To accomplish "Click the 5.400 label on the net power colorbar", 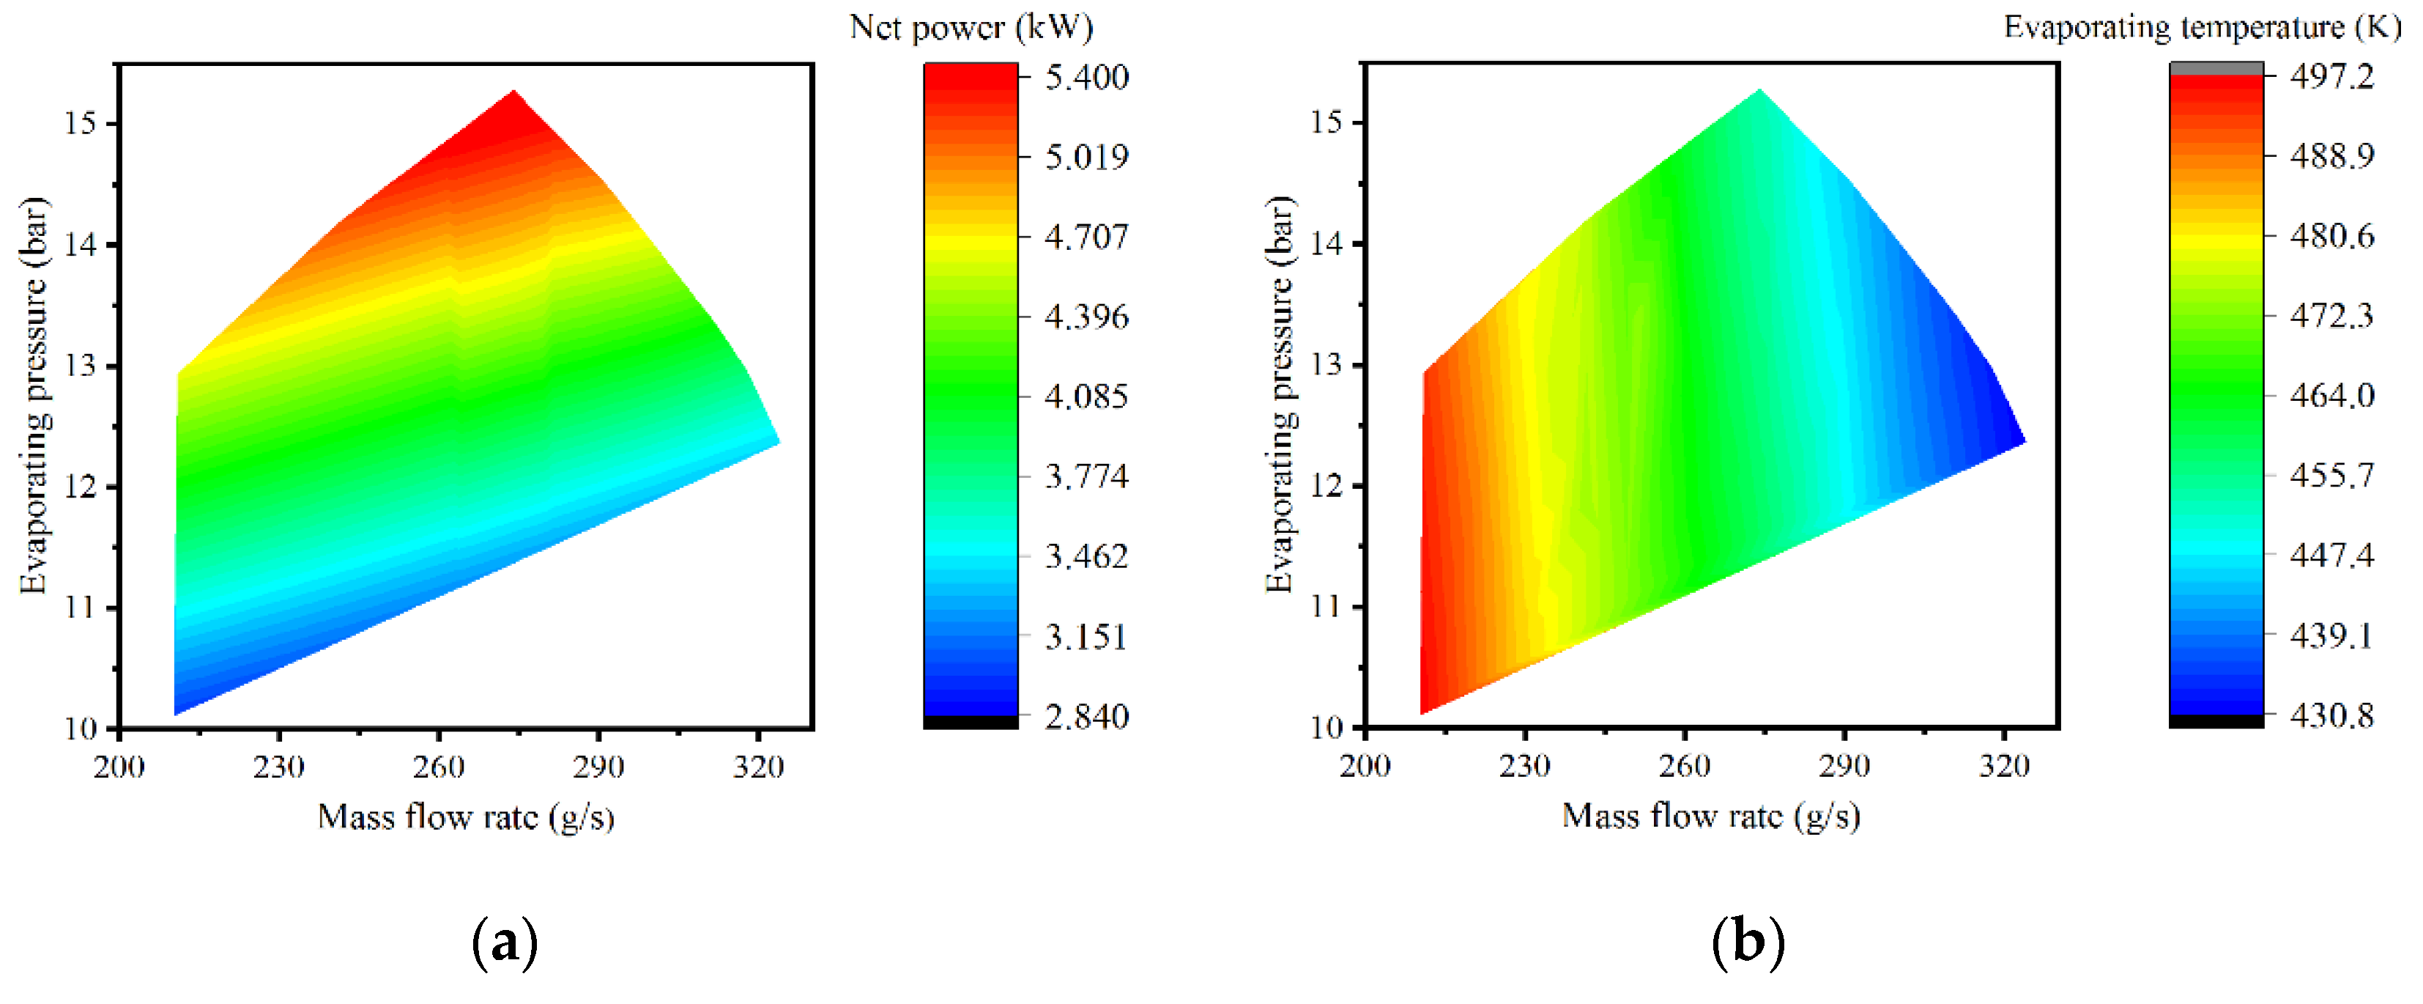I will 1086,76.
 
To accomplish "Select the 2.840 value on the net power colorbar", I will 1086,717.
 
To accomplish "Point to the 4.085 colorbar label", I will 1086,396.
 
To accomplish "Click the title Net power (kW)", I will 971,27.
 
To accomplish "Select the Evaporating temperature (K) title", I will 2202,27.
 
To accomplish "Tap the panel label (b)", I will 1748,942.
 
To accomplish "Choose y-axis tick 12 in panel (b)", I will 1326,487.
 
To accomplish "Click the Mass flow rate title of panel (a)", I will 466,816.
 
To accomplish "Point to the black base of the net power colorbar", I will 971,723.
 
